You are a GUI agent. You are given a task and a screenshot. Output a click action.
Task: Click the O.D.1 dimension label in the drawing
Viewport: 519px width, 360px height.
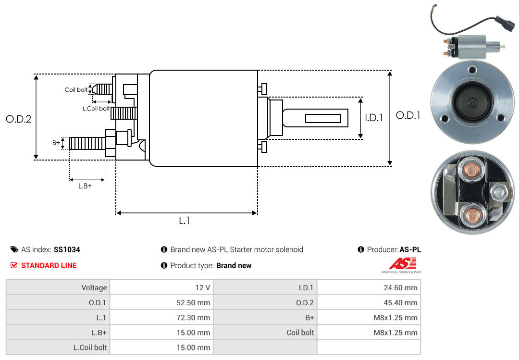[x=408, y=115]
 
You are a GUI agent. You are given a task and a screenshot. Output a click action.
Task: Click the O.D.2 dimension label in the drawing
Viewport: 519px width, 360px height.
[x=18, y=119]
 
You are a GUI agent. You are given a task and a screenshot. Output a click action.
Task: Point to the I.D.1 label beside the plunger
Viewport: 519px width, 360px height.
[x=373, y=117]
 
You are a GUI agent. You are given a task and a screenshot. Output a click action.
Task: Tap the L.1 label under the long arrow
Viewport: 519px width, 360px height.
[x=185, y=221]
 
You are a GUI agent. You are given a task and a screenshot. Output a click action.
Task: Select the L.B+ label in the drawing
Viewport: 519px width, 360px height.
[x=85, y=186]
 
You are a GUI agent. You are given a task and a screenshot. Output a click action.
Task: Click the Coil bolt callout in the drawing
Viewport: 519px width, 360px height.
[x=76, y=90]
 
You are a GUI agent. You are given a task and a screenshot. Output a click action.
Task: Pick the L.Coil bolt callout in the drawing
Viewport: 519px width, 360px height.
[x=96, y=109]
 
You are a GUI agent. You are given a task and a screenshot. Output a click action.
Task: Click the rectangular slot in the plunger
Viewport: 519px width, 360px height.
[x=323, y=118]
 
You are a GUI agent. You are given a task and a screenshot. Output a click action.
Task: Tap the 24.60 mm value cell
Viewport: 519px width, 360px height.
[x=398, y=288]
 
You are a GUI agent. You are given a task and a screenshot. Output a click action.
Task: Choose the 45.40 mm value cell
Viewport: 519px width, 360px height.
[x=398, y=303]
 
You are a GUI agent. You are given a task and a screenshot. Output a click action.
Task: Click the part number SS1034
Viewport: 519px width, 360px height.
[x=67, y=250]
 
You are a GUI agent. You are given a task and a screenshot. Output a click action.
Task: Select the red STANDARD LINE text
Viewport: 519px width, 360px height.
[x=49, y=265]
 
